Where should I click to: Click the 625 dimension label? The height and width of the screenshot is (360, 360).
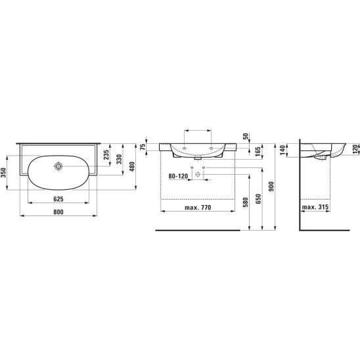click(x=58, y=199)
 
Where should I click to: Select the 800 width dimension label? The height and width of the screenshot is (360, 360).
click(x=58, y=212)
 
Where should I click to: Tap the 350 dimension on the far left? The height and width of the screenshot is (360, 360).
click(x=3, y=173)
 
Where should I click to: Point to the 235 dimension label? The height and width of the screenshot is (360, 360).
click(x=106, y=155)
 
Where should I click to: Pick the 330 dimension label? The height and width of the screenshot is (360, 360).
click(x=119, y=159)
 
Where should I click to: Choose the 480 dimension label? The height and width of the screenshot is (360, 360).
click(x=132, y=166)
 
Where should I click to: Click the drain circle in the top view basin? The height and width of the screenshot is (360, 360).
click(x=58, y=166)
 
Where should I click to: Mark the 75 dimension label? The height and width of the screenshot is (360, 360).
click(x=143, y=147)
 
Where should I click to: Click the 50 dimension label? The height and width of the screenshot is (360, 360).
click(x=246, y=136)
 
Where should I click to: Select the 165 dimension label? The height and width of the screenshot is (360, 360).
click(x=258, y=152)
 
